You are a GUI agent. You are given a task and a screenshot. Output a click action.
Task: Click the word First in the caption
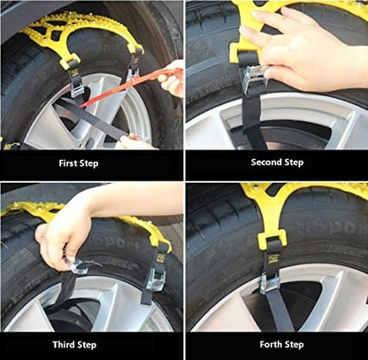(x=68, y=163)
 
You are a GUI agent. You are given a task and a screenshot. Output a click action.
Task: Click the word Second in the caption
(x=266, y=163)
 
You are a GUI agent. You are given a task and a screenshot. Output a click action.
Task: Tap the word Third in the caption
(x=62, y=345)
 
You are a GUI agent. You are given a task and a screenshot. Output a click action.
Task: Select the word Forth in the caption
(x=269, y=344)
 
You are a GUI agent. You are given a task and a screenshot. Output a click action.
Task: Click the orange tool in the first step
(x=121, y=87)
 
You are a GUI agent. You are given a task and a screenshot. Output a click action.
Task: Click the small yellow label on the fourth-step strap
(x=272, y=260)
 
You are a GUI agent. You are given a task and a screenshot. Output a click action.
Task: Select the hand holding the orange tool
(x=172, y=78)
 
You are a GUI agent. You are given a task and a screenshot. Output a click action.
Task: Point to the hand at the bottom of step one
(x=133, y=142)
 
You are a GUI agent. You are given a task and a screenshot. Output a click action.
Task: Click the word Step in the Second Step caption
(x=294, y=163)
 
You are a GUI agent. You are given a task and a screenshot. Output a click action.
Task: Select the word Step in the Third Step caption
(x=86, y=345)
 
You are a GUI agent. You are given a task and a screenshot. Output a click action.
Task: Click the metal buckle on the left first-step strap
(x=76, y=89)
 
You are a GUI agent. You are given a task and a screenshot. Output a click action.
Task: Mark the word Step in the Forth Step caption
(x=293, y=345)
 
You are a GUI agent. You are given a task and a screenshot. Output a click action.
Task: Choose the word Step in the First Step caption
(x=89, y=163)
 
